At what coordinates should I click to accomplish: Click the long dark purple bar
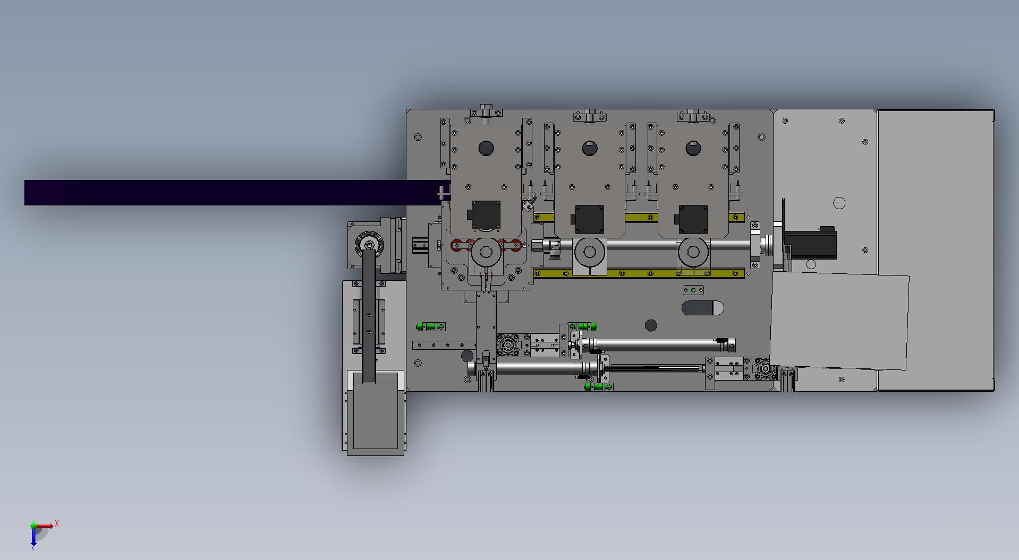click(x=234, y=192)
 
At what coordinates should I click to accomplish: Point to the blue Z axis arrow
click(x=33, y=536)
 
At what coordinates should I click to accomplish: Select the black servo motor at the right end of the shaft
click(x=810, y=244)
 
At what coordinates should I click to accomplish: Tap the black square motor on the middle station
click(x=589, y=219)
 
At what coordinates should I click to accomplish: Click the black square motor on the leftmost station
click(x=486, y=215)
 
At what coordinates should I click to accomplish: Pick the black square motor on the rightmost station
click(x=693, y=219)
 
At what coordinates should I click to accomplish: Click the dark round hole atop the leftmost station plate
click(x=486, y=148)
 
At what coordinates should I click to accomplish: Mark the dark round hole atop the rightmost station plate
click(x=693, y=148)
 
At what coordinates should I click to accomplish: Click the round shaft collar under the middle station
click(x=589, y=252)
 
